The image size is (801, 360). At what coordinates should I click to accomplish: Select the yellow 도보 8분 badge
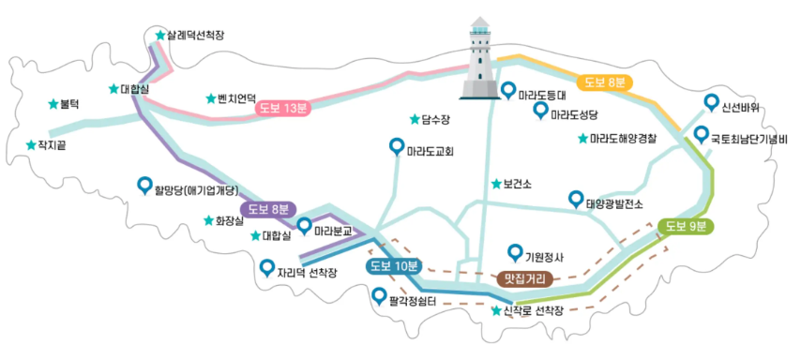pyautogui.click(x=604, y=82)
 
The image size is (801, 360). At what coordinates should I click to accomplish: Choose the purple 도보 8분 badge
pyautogui.click(x=268, y=209)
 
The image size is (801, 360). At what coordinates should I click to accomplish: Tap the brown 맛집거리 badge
pyautogui.click(x=524, y=277)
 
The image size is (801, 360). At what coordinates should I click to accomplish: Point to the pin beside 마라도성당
pyautogui.click(x=540, y=111)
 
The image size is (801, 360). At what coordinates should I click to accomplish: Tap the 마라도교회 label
pyautogui.click(x=431, y=150)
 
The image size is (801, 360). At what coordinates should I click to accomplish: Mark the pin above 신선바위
pyautogui.click(x=711, y=102)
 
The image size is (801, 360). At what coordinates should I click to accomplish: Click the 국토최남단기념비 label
pyautogui.click(x=748, y=140)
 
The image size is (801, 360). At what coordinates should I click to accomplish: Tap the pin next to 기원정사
pyautogui.click(x=513, y=251)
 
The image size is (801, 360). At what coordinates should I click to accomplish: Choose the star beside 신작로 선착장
pyautogui.click(x=496, y=309)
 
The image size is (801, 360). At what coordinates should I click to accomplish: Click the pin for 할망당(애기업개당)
pyautogui.click(x=144, y=185)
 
